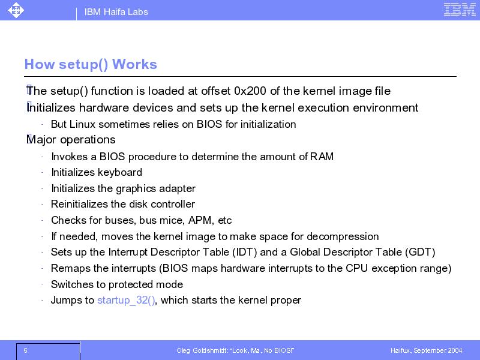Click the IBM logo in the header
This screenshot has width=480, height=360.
click(460, 10)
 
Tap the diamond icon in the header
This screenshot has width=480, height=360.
click(16, 10)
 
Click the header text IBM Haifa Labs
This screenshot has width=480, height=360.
click(116, 12)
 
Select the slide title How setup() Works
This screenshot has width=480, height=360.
click(91, 64)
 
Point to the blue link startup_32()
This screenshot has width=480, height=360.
click(126, 300)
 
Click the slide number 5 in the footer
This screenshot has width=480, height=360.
click(25, 350)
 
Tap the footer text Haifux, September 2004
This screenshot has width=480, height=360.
click(426, 350)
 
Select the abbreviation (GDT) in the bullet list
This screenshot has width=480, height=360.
click(420, 252)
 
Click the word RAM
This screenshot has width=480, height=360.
click(322, 157)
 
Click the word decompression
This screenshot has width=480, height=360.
click(343, 236)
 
